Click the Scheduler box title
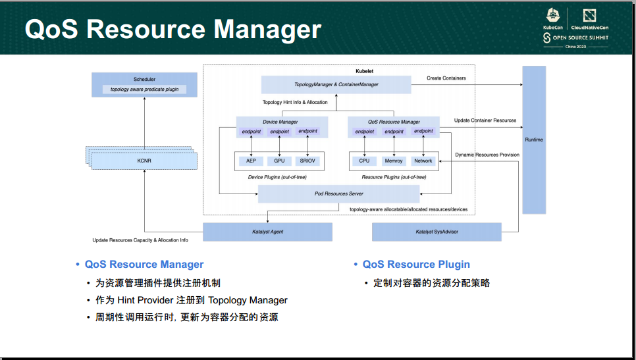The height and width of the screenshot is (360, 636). (144, 79)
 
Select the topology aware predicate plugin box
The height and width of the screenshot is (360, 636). (144, 90)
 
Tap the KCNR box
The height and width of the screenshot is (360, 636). (144, 161)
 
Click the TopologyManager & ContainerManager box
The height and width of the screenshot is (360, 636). (336, 84)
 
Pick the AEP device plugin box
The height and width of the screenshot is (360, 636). (251, 161)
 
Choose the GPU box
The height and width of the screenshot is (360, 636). (279, 161)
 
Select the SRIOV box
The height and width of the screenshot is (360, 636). (307, 161)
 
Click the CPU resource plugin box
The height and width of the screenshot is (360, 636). (364, 161)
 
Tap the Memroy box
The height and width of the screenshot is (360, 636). (394, 161)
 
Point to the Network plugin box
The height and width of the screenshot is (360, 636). (423, 161)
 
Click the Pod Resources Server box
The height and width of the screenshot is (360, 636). (338, 193)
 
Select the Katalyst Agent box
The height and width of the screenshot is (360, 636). (267, 232)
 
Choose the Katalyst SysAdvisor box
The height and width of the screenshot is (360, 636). (437, 232)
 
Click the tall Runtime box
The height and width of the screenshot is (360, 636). (534, 140)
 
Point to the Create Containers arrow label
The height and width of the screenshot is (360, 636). (446, 78)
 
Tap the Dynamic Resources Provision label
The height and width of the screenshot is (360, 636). (487, 155)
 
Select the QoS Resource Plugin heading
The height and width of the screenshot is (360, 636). (416, 265)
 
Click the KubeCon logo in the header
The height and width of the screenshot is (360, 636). (552, 19)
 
